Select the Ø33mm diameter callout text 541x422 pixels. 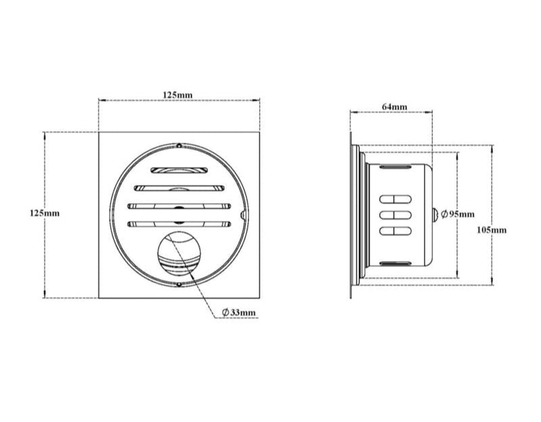coord(239,313)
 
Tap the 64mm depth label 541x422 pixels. coord(394,107)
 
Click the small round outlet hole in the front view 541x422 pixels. coord(179,256)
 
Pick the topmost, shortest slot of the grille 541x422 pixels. coord(179,170)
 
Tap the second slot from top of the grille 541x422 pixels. coord(179,188)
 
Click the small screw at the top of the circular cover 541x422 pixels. coord(179,145)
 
